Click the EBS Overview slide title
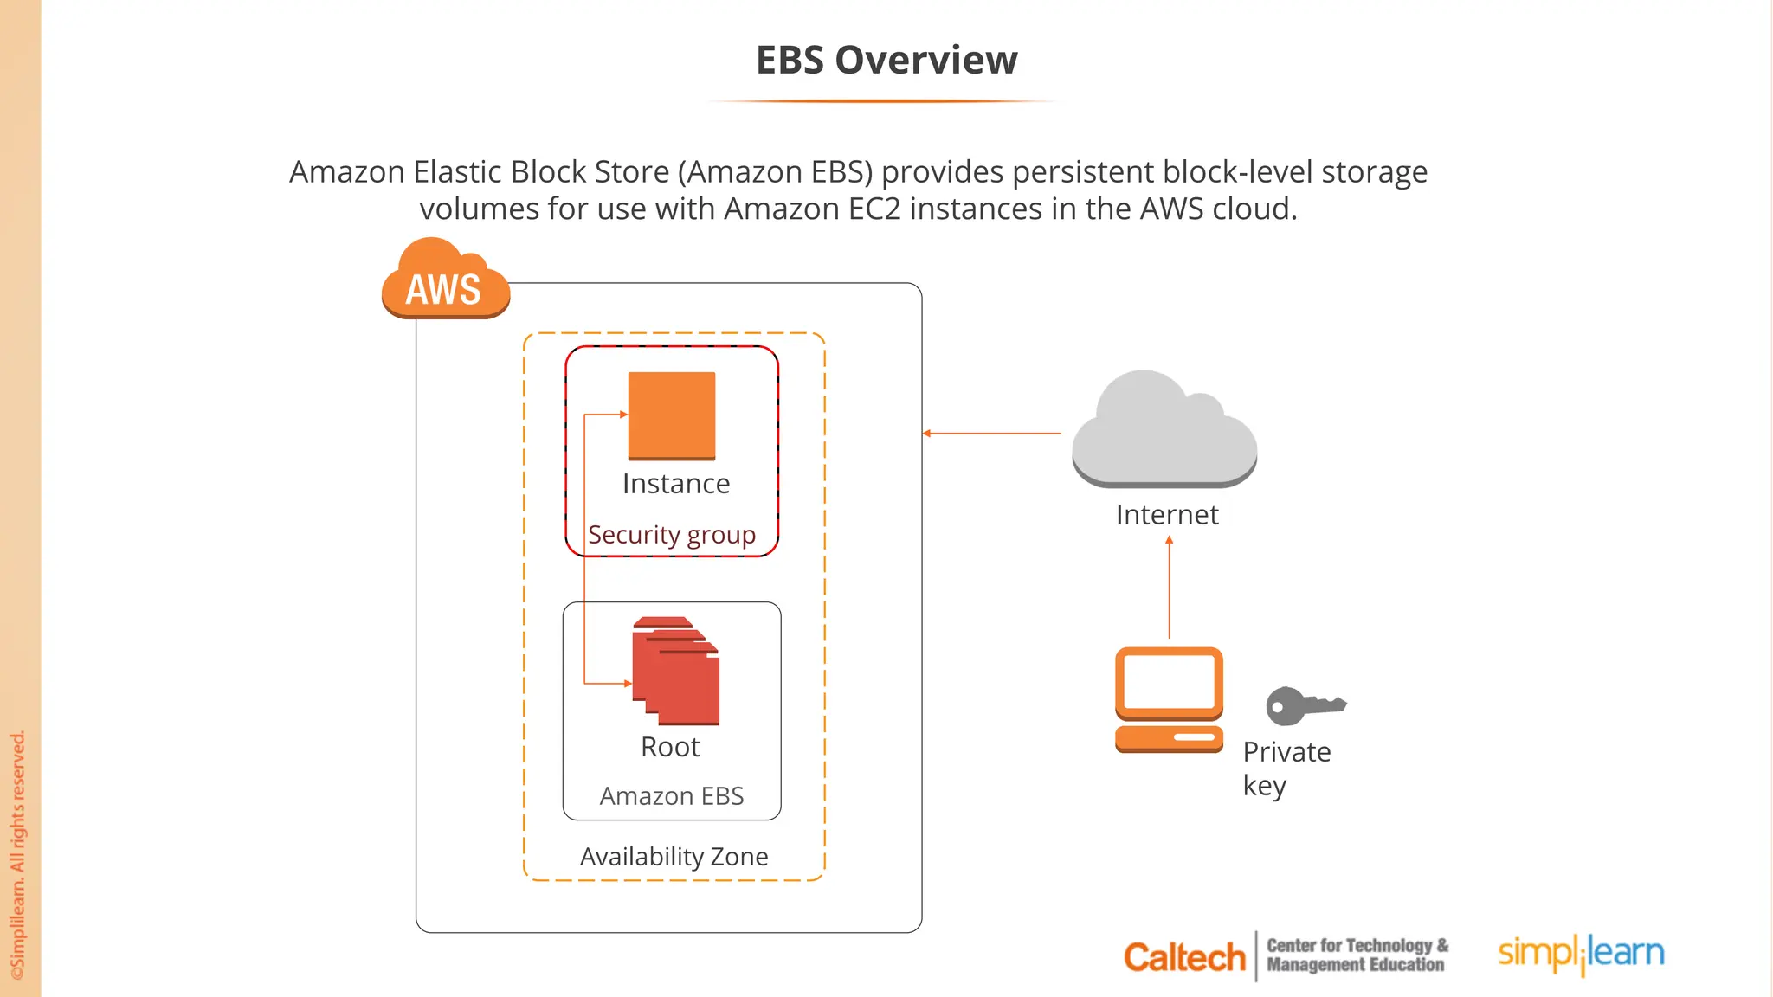(886, 60)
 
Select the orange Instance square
(672, 415)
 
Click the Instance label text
(676, 483)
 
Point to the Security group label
(672, 535)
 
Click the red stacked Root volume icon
(676, 671)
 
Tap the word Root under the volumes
(670, 747)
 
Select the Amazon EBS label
(672, 795)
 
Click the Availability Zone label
(674, 856)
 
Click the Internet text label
(1167, 515)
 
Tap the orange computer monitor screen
(1169, 680)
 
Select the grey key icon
(1304, 705)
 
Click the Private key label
(1286, 768)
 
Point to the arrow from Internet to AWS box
(991, 433)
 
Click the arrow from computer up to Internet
(1169, 589)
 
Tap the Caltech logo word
(1183, 957)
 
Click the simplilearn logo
(1581, 954)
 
